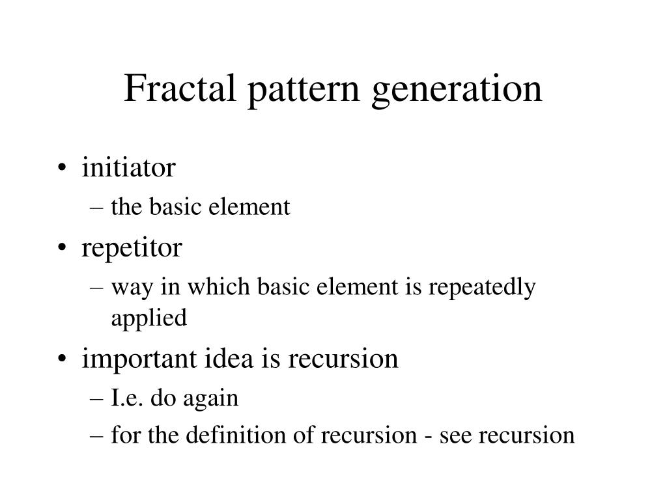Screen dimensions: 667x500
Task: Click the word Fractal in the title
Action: pos(180,88)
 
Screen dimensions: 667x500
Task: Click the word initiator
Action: pos(128,167)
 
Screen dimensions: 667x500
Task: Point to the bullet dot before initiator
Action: pos(62,167)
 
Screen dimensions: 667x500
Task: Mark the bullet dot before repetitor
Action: pos(62,247)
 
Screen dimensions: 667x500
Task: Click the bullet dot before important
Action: pos(62,358)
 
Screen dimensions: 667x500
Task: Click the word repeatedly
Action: pos(482,288)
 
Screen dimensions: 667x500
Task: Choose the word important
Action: pos(139,359)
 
